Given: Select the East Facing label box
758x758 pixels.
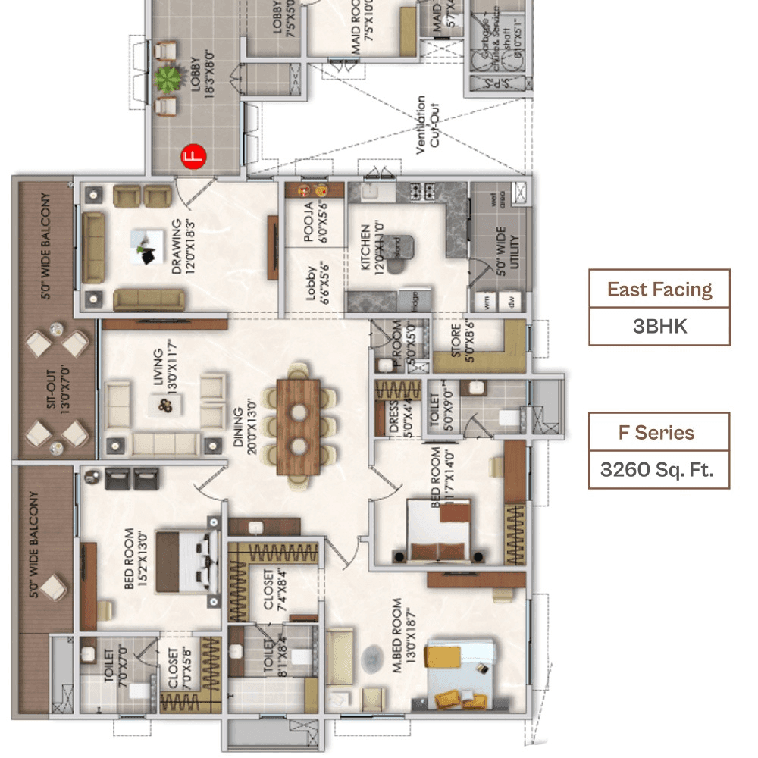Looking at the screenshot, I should (x=659, y=289).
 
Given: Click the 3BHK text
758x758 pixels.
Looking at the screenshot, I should (x=659, y=326).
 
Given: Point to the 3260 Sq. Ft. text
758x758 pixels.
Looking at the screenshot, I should (x=659, y=470).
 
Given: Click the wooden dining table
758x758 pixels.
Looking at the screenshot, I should (x=299, y=426).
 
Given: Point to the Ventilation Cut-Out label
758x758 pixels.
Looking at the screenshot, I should (x=427, y=125).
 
